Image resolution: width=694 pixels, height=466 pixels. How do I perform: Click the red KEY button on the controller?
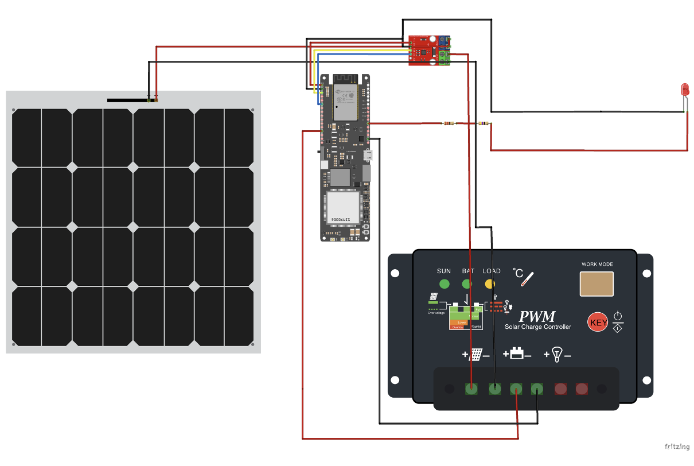pyautogui.click(x=598, y=323)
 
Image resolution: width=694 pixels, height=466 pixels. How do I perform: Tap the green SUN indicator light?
pyautogui.click(x=444, y=284)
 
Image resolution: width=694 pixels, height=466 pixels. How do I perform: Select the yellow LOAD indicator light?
pyautogui.click(x=490, y=284)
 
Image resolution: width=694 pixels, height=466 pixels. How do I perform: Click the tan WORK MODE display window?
pyautogui.click(x=596, y=284)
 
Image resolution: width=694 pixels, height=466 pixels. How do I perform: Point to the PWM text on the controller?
pyautogui.click(x=537, y=316)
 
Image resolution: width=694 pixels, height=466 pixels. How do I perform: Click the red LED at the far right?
pyautogui.click(x=684, y=89)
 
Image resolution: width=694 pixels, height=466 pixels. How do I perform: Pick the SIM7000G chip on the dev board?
pyautogui.click(x=344, y=208)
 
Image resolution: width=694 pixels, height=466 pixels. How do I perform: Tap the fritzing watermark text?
pyautogui.click(x=676, y=446)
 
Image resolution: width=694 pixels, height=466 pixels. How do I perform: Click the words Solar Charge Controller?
pyautogui.click(x=537, y=327)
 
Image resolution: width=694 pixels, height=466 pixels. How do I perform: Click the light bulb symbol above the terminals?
pyautogui.click(x=556, y=354)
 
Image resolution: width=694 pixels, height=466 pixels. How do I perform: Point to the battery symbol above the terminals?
pyautogui.click(x=516, y=355)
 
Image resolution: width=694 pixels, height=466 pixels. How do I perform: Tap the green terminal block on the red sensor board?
pyautogui.click(x=443, y=57)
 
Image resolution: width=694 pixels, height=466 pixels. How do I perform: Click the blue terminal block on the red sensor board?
pyautogui.click(x=444, y=41)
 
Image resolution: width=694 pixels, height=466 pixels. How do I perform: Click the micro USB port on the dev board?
pyautogui.click(x=368, y=155)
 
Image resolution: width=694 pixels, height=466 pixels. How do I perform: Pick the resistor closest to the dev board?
pyautogui.click(x=448, y=123)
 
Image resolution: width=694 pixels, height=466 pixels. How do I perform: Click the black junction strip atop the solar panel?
pyautogui.click(x=127, y=100)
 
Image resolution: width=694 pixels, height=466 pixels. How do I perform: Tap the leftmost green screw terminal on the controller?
pyautogui.click(x=471, y=389)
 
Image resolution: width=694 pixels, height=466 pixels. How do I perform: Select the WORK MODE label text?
pyautogui.click(x=597, y=265)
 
